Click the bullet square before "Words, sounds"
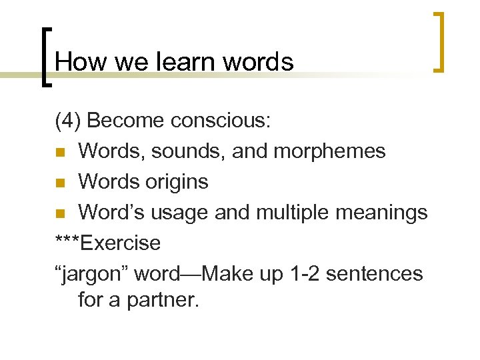click(x=60, y=152)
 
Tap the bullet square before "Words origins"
click(x=60, y=183)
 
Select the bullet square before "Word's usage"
click(x=60, y=213)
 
